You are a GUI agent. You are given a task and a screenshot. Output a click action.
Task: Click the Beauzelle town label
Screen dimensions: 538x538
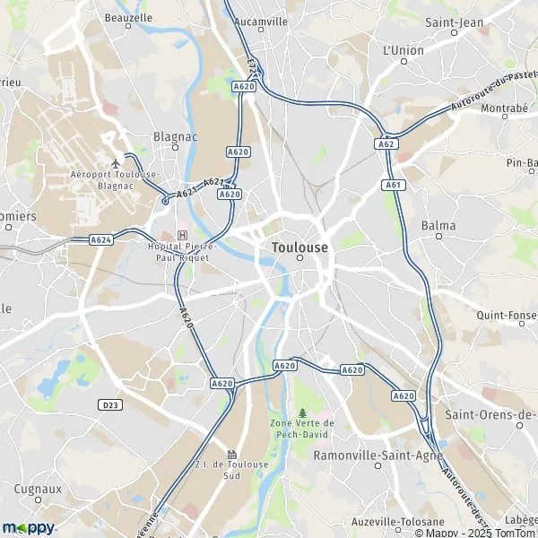coord(128,17)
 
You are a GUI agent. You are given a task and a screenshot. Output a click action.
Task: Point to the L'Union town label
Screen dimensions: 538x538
coord(403,50)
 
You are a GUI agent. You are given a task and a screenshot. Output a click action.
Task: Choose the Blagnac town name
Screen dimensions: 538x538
coord(175,136)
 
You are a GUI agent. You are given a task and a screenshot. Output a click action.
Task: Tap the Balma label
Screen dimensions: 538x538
coord(438,226)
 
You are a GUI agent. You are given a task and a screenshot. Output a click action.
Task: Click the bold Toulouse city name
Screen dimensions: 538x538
coord(299,247)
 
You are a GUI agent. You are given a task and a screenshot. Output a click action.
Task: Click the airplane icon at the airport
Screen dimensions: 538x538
coord(116,162)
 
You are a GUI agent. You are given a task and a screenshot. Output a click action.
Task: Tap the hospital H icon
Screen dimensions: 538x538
coord(183,235)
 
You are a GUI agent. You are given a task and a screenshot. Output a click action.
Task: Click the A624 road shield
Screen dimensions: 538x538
coord(100,240)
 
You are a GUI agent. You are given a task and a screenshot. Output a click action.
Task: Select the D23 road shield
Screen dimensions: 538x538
coord(110,405)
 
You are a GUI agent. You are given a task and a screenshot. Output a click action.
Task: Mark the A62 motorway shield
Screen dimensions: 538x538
coord(386,143)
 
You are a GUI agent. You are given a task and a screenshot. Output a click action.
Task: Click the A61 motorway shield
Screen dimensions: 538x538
coord(393,185)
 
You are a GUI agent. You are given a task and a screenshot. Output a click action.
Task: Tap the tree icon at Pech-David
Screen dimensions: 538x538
coord(301,409)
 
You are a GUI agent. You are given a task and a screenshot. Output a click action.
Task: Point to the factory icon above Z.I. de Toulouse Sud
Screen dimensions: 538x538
coord(232,454)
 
